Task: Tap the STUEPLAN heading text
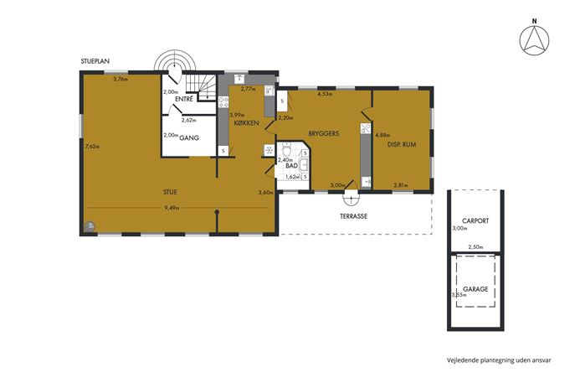pyautogui.click(x=95, y=61)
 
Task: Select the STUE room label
pyautogui.click(x=170, y=192)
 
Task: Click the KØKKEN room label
pyautogui.click(x=246, y=123)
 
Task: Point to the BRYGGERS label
pyautogui.click(x=323, y=133)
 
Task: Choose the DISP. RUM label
pyautogui.click(x=402, y=145)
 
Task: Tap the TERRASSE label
pyautogui.click(x=353, y=216)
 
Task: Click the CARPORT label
pyautogui.click(x=475, y=221)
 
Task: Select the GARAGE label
pyautogui.click(x=475, y=289)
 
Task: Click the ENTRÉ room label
pyautogui.click(x=184, y=99)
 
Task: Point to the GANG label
pyautogui.click(x=189, y=138)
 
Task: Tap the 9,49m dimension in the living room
pyautogui.click(x=172, y=208)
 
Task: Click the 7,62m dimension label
pyautogui.click(x=92, y=146)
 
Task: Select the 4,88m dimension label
pyautogui.click(x=382, y=135)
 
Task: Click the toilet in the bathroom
pyautogui.click(x=286, y=149)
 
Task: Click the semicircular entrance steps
pyautogui.click(x=175, y=60)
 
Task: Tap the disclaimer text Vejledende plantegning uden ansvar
pyautogui.click(x=499, y=360)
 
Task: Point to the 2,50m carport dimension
pyautogui.click(x=475, y=247)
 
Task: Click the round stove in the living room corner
pyautogui.click(x=89, y=226)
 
